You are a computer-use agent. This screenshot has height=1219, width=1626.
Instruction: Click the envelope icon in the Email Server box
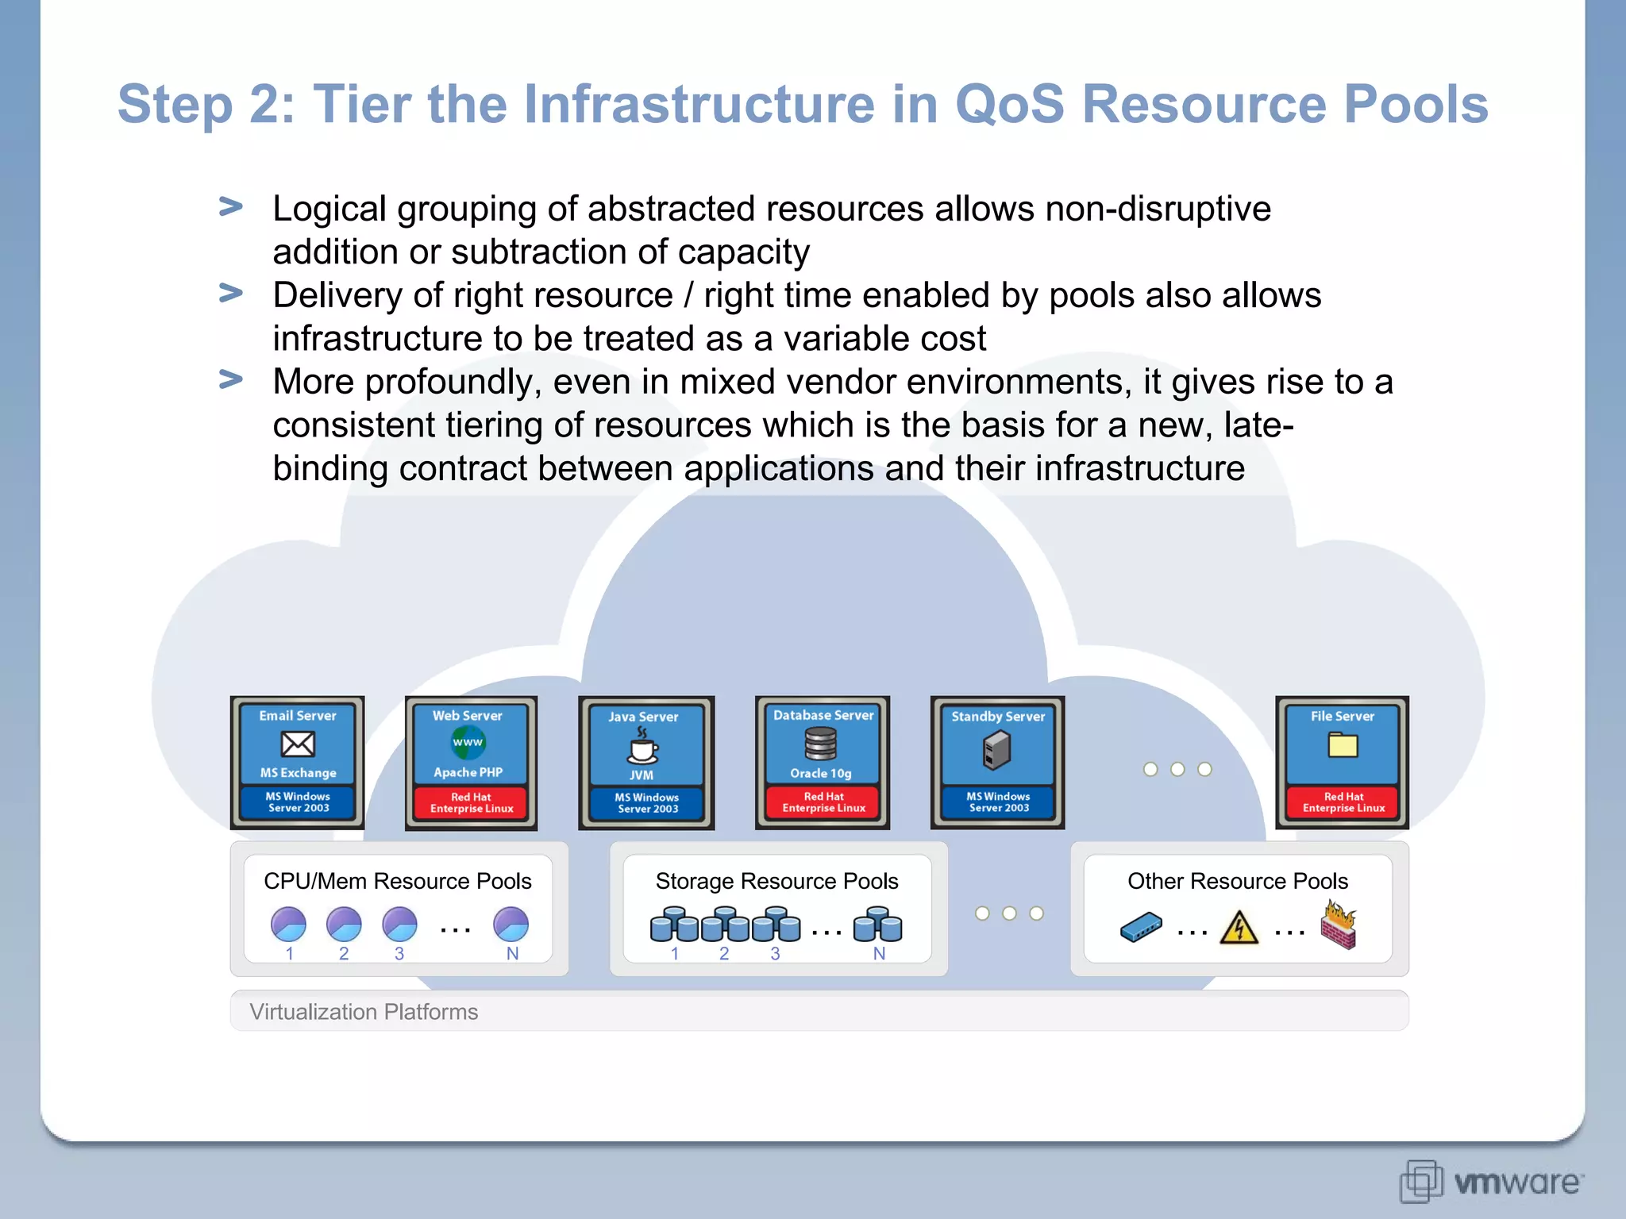click(x=298, y=744)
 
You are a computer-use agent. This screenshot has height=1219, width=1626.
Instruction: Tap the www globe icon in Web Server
click(x=468, y=743)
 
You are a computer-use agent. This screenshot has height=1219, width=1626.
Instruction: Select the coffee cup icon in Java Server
click(x=642, y=746)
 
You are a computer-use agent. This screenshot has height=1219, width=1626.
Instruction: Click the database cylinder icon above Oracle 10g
click(x=821, y=744)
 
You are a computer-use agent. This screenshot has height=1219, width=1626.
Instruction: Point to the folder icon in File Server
click(x=1343, y=745)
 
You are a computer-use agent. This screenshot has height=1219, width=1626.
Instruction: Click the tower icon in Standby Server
click(x=996, y=749)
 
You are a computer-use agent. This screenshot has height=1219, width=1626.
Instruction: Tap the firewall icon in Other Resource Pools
click(x=1339, y=925)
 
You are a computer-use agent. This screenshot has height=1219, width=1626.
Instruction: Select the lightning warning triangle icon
click(x=1239, y=927)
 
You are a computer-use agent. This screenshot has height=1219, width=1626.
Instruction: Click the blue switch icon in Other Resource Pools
click(x=1141, y=927)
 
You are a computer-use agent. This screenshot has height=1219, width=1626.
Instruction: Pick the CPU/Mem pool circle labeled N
click(x=511, y=925)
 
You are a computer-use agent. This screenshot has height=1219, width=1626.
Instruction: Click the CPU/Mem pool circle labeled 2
click(x=344, y=925)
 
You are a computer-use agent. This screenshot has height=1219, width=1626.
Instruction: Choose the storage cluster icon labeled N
click(x=877, y=925)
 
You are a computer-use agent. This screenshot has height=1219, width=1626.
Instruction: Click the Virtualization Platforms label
click(x=364, y=1012)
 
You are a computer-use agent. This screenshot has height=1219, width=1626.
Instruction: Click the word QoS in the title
click(x=1009, y=104)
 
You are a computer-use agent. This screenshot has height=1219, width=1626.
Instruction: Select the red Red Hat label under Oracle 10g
click(x=823, y=802)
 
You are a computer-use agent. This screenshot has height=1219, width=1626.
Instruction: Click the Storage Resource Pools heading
click(x=776, y=881)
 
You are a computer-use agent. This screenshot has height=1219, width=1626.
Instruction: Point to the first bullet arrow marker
click(x=230, y=207)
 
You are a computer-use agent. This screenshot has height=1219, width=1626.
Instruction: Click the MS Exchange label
click(x=298, y=773)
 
